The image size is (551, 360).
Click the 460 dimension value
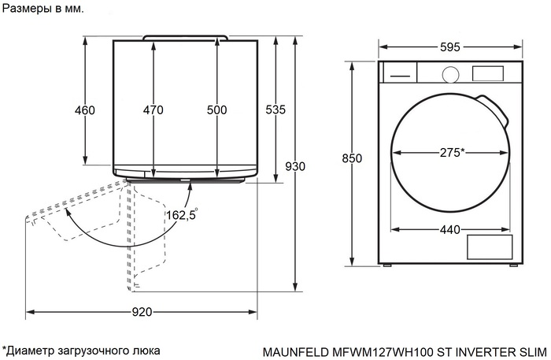pos(85,110)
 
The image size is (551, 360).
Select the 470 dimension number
pos(153,110)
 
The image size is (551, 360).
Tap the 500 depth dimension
pos(217,110)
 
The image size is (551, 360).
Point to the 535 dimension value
pos(275,110)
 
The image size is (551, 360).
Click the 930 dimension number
pos(294,166)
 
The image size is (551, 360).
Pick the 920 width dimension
pos(142,313)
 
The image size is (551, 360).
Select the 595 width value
pos(450,47)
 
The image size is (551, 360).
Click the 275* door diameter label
pos(451,152)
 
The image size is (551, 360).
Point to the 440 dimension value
pos(449,230)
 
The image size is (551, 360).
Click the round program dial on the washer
pos(450,73)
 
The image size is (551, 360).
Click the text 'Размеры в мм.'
pos(43,8)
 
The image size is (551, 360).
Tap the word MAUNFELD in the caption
pos(292,350)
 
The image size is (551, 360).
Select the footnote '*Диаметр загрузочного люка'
pos(81,350)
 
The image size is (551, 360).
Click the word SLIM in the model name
pos(532,350)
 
